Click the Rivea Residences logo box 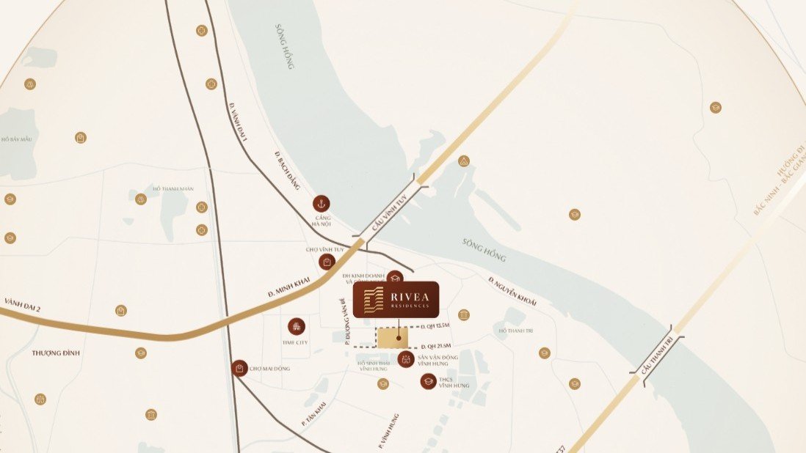(x=396, y=299)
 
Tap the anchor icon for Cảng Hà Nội (x=321, y=204)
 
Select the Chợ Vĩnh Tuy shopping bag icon (x=326, y=262)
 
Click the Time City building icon (x=297, y=326)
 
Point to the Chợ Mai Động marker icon (x=239, y=368)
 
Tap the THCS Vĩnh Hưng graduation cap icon (x=428, y=381)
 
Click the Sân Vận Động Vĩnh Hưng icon (x=405, y=359)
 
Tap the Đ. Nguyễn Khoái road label (x=512, y=292)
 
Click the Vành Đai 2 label (x=22, y=304)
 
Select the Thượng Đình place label (x=55, y=353)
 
